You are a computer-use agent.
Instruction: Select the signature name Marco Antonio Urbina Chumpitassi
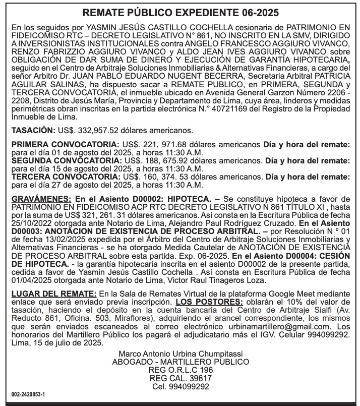180,353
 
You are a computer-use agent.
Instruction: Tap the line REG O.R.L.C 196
181,370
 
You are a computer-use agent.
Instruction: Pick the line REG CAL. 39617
181,378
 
